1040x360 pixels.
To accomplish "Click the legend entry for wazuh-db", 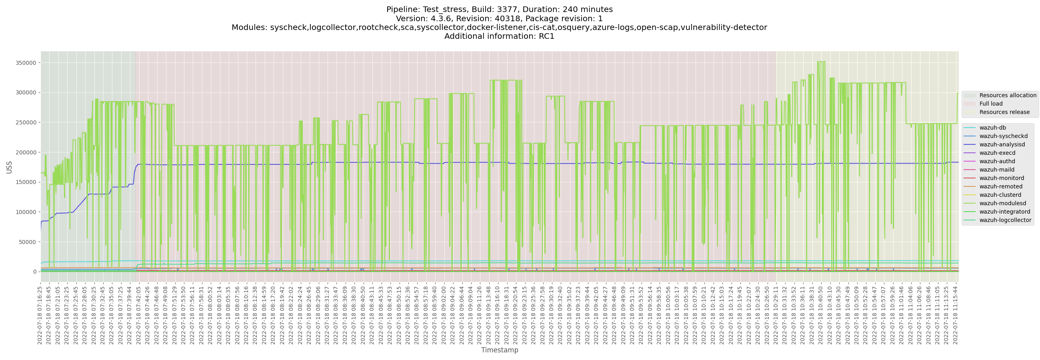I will tap(992, 128).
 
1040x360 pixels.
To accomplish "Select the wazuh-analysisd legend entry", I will tap(1002, 144).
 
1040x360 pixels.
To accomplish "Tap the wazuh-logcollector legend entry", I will tap(1005, 220).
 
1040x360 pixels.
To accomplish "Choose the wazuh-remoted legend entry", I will tap(1000, 186).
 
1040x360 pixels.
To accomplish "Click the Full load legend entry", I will tap(991, 104).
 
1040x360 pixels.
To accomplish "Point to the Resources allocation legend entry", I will tap(1007, 95).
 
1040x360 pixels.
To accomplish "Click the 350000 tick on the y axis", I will tap(26, 63).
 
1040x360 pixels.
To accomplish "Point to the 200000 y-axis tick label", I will tap(26, 152).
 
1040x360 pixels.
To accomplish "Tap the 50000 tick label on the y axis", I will tap(28, 242).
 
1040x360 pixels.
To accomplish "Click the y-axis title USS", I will tap(9, 167).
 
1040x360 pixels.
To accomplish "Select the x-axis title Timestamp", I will tap(500, 350).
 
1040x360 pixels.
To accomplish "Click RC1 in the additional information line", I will tap(546, 36).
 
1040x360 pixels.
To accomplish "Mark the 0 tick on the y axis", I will tap(35, 272).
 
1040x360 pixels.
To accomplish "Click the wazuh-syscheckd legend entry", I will tap(1003, 136).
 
